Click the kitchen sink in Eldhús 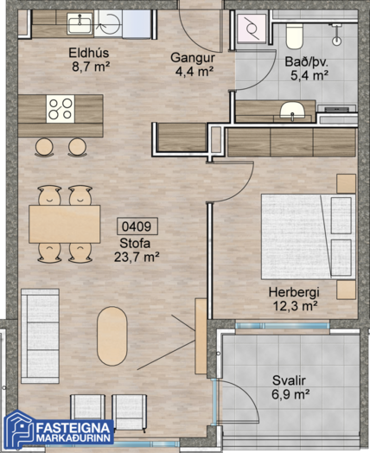[80, 22]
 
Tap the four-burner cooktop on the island [61, 109]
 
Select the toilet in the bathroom [294, 35]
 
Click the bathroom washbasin [292, 111]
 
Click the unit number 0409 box [137, 226]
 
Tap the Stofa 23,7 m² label [137, 250]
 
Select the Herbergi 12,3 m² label [294, 299]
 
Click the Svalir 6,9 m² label [290, 387]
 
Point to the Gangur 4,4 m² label [193, 65]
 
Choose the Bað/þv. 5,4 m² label [308, 68]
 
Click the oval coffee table [112, 336]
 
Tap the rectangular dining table [65, 224]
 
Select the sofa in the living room [40, 336]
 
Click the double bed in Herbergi [309, 237]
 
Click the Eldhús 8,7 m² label [90, 60]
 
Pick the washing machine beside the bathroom [251, 29]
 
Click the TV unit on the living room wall [201, 336]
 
